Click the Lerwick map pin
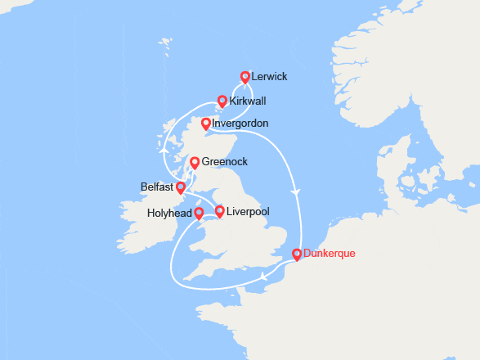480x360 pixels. coord(244,77)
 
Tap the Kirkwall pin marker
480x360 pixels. coord(221,102)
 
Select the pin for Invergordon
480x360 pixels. coord(205,124)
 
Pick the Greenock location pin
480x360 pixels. coord(195,163)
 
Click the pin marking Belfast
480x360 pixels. coord(181,187)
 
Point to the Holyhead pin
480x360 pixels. coord(199,213)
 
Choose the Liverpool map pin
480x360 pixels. coord(219,212)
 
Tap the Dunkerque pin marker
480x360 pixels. coord(297,254)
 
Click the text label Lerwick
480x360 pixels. coord(271,77)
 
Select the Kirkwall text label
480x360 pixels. coord(248,102)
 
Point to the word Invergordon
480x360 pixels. coord(240,124)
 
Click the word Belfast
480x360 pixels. coord(157,187)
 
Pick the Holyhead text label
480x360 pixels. coord(169,213)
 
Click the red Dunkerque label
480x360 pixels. coord(329,254)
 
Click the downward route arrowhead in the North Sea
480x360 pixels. coord(296,191)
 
